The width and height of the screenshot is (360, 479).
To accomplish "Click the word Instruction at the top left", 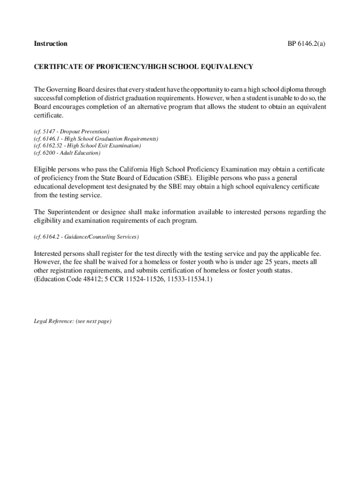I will pos(50,44).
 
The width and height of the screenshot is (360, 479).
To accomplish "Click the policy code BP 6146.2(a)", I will pos(306,44).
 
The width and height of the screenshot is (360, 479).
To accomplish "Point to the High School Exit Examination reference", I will pos(87,145).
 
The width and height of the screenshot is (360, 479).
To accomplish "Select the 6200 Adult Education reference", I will pos(67,152).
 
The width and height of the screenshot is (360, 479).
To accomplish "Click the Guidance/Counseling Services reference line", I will pos(86,237).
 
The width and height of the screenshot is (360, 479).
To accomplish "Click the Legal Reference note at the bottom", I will pos(72,321).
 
